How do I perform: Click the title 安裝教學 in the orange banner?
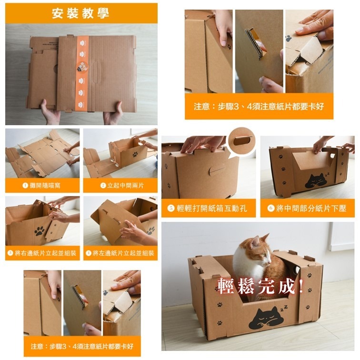(x=80, y=13)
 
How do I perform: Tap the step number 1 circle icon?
(x=25, y=185)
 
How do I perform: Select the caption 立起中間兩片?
(x=125, y=185)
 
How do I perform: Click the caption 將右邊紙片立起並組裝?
(x=45, y=253)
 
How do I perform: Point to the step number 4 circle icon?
(x=89, y=253)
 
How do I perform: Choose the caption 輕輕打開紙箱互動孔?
(x=212, y=208)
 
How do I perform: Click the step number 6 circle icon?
(x=271, y=208)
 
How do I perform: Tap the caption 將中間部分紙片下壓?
(x=311, y=208)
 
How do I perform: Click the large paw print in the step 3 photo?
(x=40, y=231)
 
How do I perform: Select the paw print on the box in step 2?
(x=135, y=154)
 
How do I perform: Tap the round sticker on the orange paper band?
(x=82, y=66)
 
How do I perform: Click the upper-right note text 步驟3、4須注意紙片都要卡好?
(x=270, y=106)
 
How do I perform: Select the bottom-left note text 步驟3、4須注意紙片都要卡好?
(x=91, y=346)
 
